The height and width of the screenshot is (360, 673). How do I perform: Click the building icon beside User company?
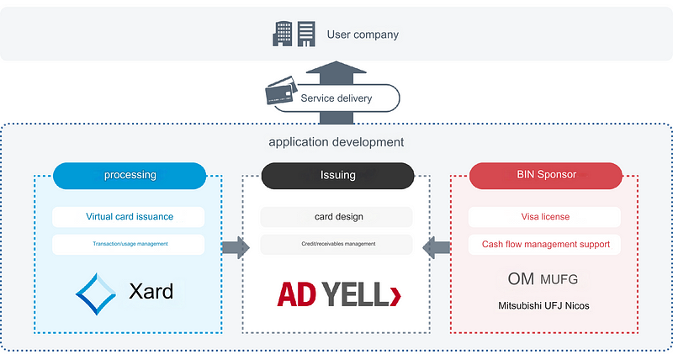[294, 34]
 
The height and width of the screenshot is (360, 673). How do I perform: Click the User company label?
[363, 34]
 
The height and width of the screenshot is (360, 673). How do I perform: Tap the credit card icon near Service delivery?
[280, 92]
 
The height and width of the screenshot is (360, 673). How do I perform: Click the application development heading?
[336, 142]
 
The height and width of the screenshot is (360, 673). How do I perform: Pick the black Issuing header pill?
[337, 176]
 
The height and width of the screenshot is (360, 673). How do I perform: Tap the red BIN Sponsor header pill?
[546, 176]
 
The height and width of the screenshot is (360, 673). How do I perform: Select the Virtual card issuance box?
[129, 217]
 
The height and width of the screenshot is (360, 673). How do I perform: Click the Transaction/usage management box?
[129, 245]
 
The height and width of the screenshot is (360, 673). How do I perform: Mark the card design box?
[336, 217]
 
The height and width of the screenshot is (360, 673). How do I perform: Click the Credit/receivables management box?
[336, 245]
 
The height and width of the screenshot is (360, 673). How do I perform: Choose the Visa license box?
[544, 217]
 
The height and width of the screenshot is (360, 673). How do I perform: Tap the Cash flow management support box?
[544, 245]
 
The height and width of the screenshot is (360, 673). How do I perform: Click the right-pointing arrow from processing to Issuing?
[236, 247]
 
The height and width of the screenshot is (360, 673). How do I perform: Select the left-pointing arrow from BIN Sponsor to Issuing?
[437, 247]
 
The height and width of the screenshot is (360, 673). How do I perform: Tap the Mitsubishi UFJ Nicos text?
[544, 305]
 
